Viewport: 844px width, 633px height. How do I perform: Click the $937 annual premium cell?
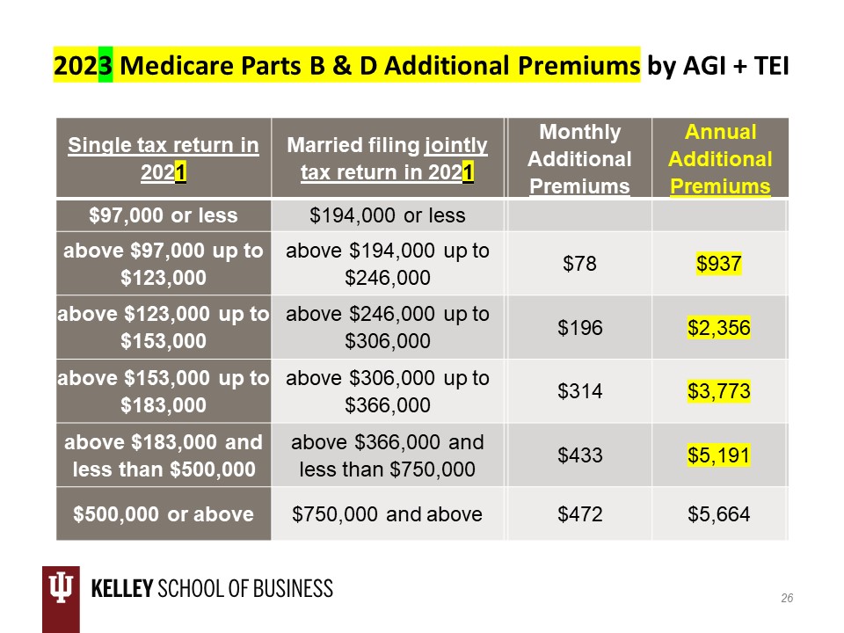pos(720,263)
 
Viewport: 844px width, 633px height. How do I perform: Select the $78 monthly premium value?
pos(579,263)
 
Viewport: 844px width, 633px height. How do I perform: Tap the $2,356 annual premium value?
pos(720,327)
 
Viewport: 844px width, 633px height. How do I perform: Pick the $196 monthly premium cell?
pos(579,327)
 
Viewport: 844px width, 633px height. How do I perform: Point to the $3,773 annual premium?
pos(720,391)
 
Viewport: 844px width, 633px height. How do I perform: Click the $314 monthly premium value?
pos(579,391)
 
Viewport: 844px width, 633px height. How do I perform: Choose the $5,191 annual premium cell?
pos(720,455)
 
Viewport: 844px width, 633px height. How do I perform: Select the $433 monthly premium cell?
pos(579,455)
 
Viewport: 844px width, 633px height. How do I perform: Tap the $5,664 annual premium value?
pos(720,514)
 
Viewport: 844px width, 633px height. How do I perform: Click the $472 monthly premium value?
pos(579,514)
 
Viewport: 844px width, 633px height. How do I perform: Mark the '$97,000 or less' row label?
pos(164,215)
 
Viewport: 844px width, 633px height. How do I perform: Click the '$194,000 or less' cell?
pos(388,215)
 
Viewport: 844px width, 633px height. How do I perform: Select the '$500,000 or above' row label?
pos(164,514)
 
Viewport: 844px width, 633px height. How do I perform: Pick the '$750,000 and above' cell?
pos(388,514)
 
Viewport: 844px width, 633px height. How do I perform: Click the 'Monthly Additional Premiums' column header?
pos(579,159)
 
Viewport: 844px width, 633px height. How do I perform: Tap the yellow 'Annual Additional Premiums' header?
pos(720,159)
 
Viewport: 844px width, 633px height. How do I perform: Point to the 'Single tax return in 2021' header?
pos(164,159)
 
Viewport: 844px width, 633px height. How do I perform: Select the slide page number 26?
pos(787,598)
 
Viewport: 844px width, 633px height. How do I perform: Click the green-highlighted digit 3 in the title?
pos(105,65)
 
